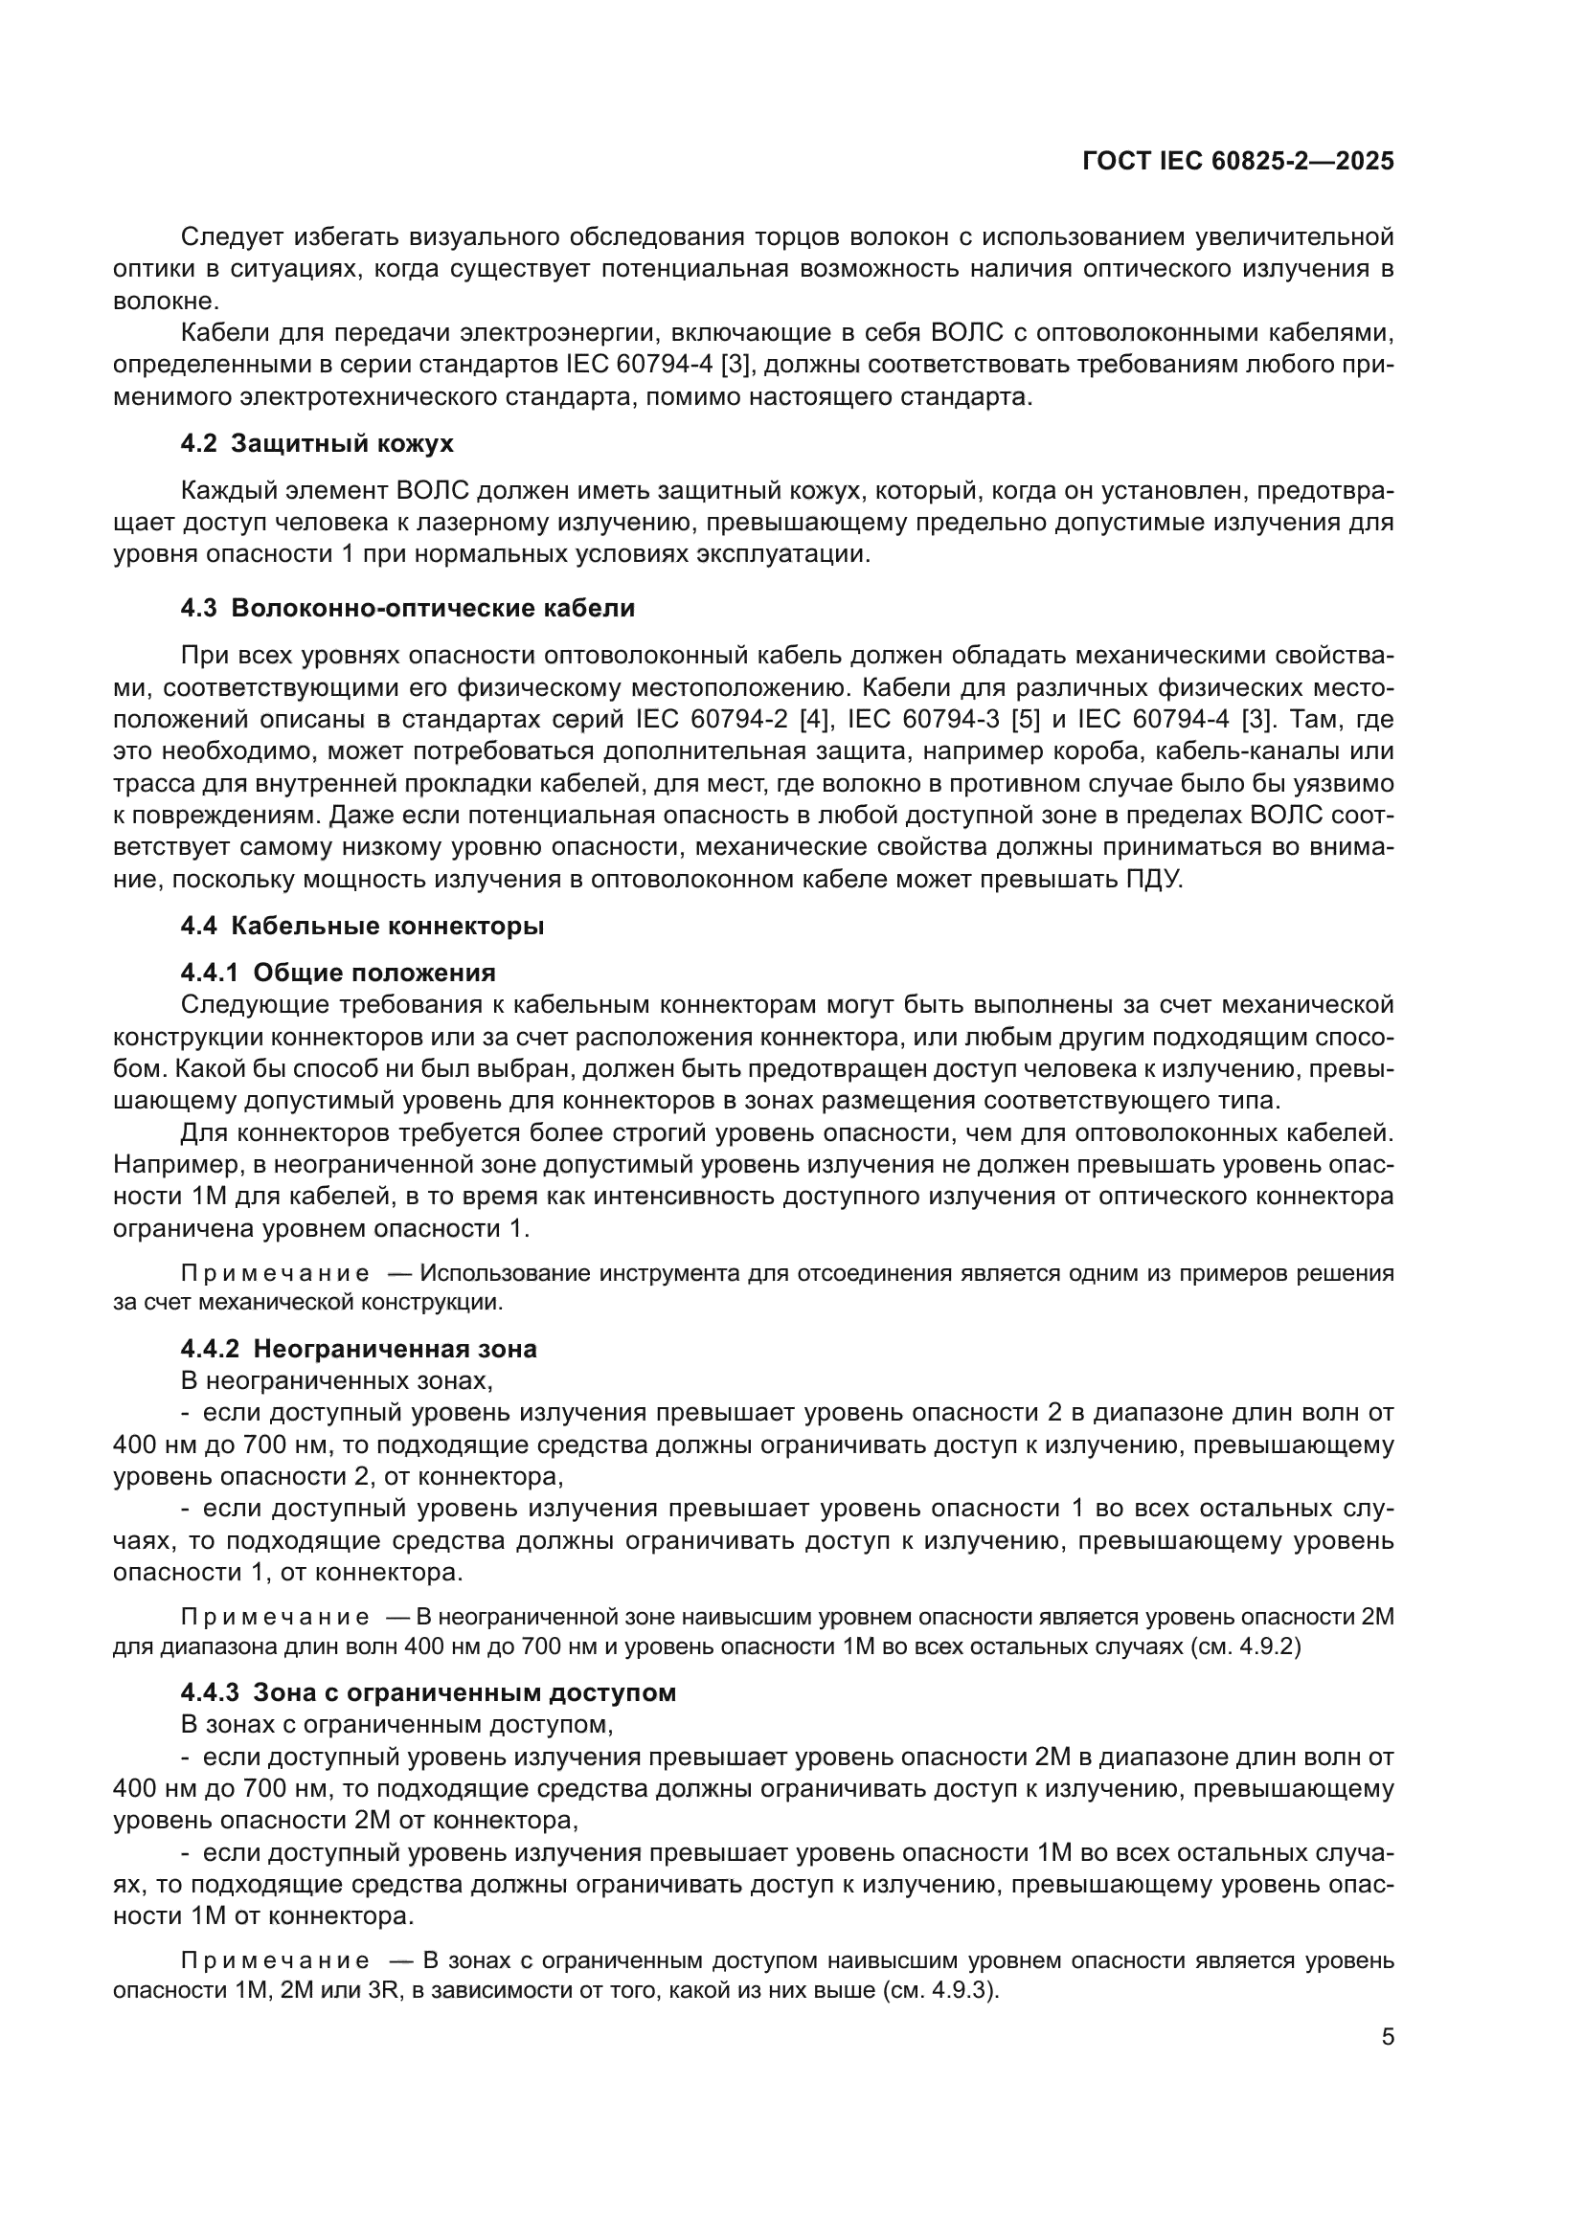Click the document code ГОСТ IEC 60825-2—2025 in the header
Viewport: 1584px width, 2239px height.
click(x=1237, y=162)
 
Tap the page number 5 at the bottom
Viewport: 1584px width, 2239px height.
click(x=1387, y=2036)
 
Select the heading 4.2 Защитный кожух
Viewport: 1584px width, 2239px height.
click(x=317, y=445)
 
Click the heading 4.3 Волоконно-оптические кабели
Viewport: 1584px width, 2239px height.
click(x=407, y=609)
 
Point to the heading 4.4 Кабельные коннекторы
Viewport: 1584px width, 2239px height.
click(x=362, y=926)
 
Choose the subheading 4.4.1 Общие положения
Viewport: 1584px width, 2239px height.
click(x=337, y=973)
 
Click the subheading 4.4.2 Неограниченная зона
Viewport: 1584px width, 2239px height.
click(x=358, y=1349)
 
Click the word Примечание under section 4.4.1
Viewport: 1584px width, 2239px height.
click(x=275, y=1273)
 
